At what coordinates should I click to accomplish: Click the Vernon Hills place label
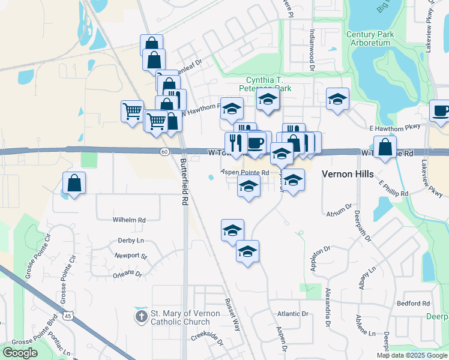click(348, 174)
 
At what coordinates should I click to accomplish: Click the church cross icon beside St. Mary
click(141, 316)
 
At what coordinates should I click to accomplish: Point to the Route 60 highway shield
click(164, 152)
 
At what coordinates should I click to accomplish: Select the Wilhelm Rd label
click(129, 220)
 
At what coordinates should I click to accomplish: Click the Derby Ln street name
click(131, 240)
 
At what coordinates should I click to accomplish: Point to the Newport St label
click(131, 256)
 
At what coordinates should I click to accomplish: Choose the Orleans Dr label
click(127, 274)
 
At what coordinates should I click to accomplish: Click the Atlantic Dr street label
click(292, 314)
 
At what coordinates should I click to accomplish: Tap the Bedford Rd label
click(413, 304)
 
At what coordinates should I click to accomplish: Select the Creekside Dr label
click(207, 338)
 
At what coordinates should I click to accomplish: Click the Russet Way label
click(232, 316)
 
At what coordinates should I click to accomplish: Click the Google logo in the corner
click(20, 353)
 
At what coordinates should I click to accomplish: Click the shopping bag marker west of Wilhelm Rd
click(74, 183)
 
